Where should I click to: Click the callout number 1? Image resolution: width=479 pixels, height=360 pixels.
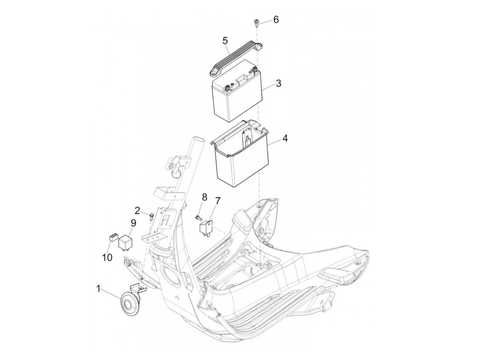click(98, 290)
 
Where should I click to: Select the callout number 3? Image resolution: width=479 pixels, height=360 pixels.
click(279, 83)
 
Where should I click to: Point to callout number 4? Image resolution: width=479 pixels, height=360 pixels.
click(285, 138)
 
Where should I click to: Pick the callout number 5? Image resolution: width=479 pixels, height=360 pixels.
click(219, 40)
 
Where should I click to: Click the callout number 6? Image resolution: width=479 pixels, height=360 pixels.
click(276, 20)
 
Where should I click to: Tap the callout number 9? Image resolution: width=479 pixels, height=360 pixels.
click(133, 223)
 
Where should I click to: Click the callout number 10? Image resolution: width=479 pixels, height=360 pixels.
click(107, 257)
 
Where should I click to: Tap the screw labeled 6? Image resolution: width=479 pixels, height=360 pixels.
click(256, 23)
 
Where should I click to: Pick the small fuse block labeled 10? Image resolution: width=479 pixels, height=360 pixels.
click(113, 237)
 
